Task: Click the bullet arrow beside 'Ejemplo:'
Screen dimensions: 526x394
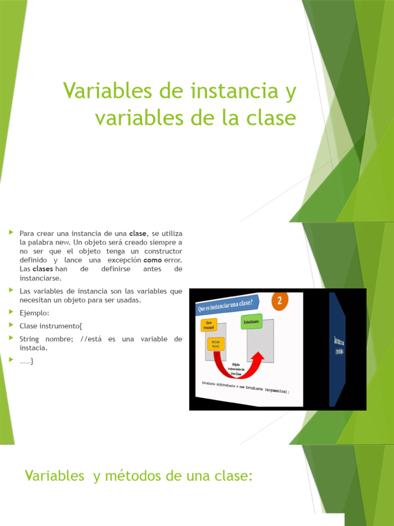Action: [x=11, y=311]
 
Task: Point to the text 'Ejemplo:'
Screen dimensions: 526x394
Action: [x=34, y=312]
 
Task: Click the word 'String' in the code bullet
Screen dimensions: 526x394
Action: [x=30, y=339]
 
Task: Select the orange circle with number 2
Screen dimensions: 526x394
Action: [x=280, y=302]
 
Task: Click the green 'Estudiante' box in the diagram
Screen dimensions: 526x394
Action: [x=251, y=321]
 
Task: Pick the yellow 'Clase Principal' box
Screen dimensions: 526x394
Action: [x=209, y=325]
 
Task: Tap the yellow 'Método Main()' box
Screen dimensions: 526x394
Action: [x=216, y=343]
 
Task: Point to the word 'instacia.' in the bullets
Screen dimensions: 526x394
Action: [x=33, y=348]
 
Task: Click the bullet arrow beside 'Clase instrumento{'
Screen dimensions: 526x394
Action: [x=11, y=325]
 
